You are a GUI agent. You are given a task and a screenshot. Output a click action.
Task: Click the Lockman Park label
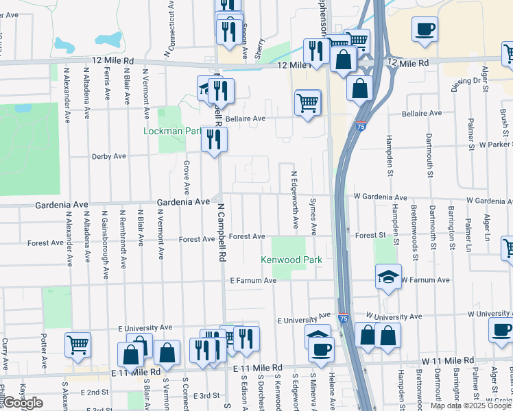coord(166,130)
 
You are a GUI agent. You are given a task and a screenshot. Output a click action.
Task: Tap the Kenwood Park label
coord(291,260)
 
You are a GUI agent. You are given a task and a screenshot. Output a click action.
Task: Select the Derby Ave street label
coord(109,156)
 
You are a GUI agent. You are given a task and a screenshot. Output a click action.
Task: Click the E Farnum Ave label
coord(253,280)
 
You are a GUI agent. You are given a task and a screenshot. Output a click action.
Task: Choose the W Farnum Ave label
coord(425,280)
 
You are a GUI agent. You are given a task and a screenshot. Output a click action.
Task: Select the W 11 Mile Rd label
coord(448,360)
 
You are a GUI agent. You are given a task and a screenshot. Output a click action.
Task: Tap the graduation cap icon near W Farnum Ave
coord(389,277)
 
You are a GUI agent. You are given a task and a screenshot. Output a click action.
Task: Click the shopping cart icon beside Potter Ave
coord(78,344)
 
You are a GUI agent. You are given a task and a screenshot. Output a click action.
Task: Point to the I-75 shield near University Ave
coord(343,319)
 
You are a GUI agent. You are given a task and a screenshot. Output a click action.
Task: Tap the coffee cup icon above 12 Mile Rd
coord(425,29)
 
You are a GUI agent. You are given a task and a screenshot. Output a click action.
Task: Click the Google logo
coord(23,403)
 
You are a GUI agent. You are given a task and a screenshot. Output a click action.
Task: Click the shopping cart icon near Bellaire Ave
coord(308,103)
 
